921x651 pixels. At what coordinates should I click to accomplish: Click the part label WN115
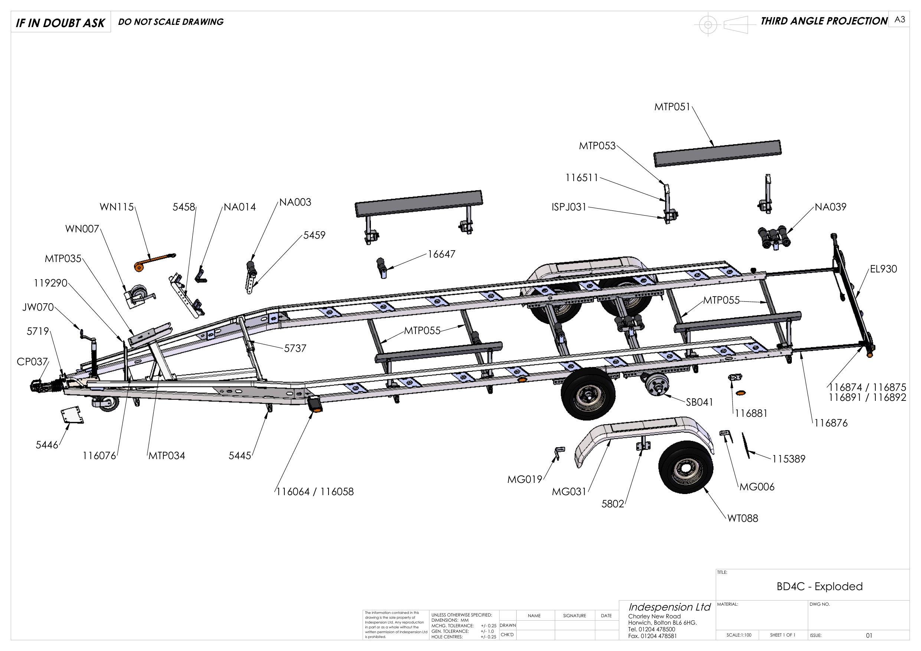(116, 207)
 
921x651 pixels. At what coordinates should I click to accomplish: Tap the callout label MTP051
(672, 107)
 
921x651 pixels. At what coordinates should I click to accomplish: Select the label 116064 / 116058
(315, 491)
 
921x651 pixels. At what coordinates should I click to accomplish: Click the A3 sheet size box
(899, 20)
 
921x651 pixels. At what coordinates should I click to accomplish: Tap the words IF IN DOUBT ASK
(60, 23)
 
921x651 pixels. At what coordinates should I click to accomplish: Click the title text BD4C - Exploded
(820, 586)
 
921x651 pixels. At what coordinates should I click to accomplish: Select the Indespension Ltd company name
(669, 606)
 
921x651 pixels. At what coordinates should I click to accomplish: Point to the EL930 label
(883, 269)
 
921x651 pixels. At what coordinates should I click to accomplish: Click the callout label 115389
(788, 459)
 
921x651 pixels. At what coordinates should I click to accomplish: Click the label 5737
(295, 349)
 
